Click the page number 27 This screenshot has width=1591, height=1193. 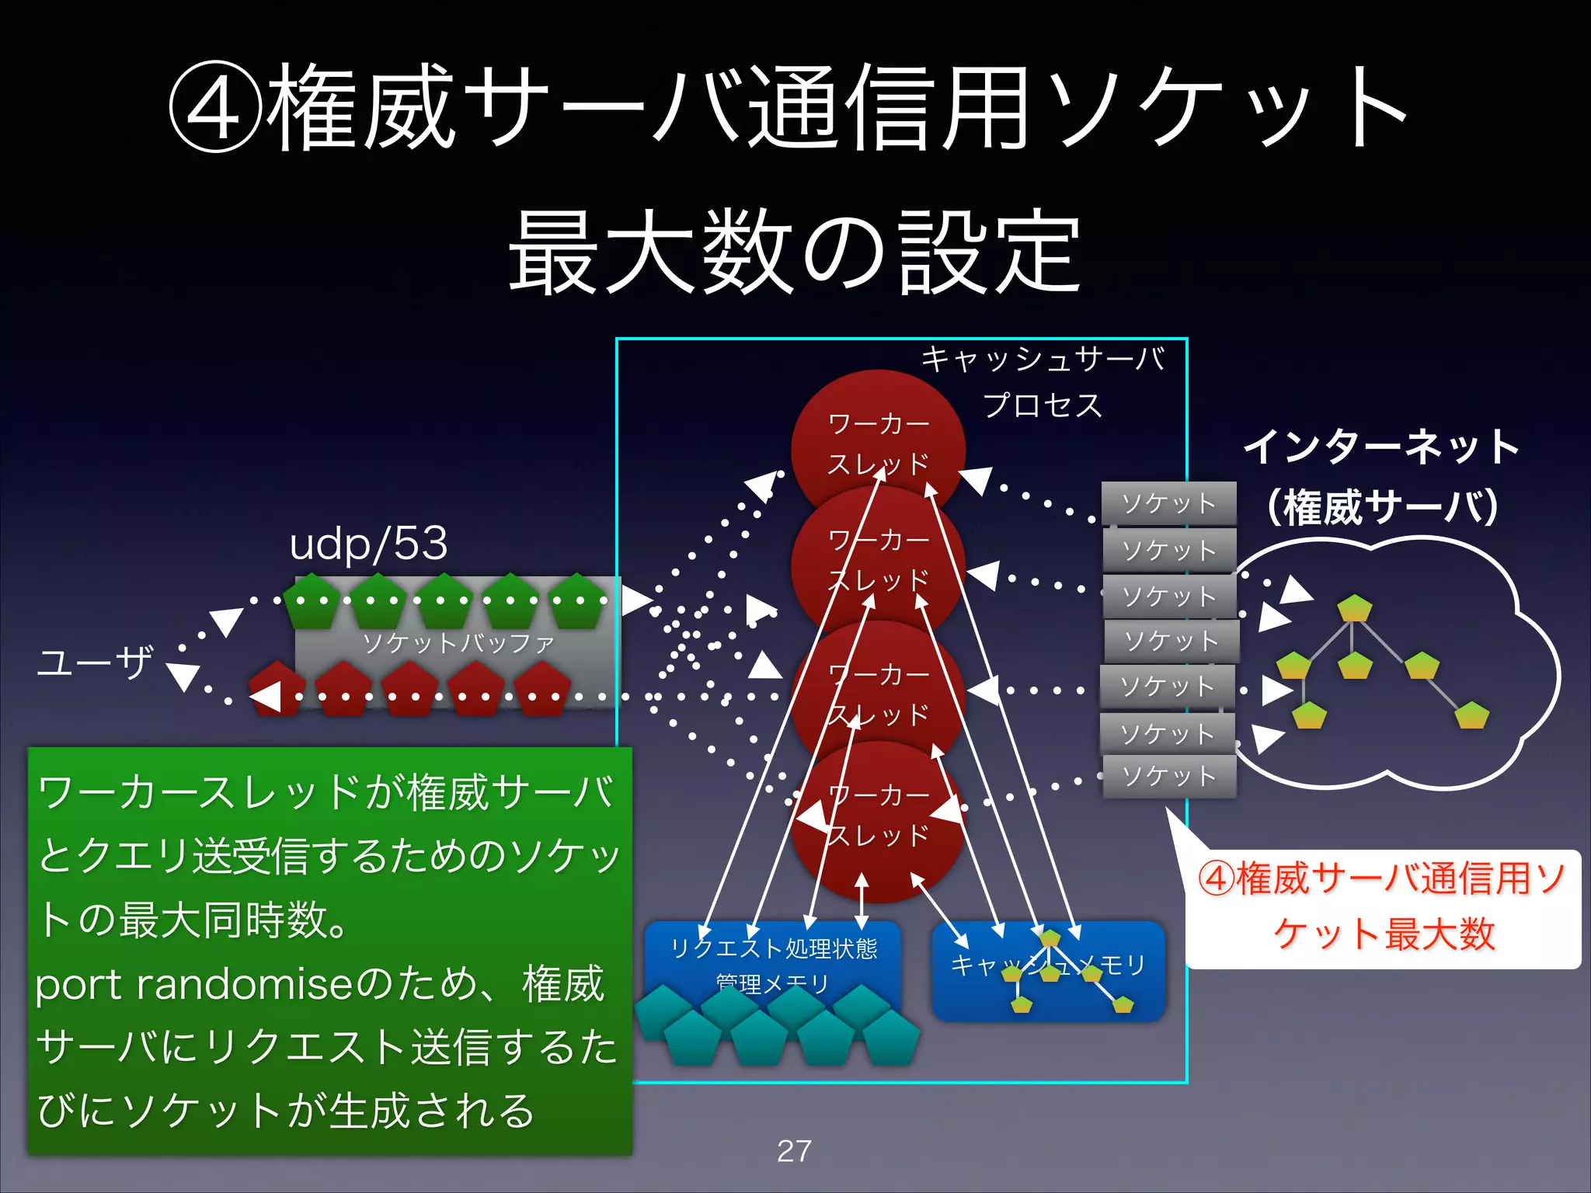coord(794,1151)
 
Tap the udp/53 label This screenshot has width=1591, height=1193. coord(368,543)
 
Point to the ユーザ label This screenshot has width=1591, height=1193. coord(95,663)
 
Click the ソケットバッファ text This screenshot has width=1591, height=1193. coord(458,643)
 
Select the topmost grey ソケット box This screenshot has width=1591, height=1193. coord(1168,503)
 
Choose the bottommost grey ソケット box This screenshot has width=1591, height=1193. coord(1169,776)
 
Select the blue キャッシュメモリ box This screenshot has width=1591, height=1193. coord(1049,971)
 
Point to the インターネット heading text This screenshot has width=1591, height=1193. coord(1381,447)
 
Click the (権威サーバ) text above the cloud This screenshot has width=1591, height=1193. coord(1382,507)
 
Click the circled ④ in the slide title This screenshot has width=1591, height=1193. coord(215,109)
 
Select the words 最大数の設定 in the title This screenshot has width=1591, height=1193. coord(794,252)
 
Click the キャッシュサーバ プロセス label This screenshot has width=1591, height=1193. coord(1043,381)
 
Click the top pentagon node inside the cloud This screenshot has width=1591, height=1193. coord(1354,608)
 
